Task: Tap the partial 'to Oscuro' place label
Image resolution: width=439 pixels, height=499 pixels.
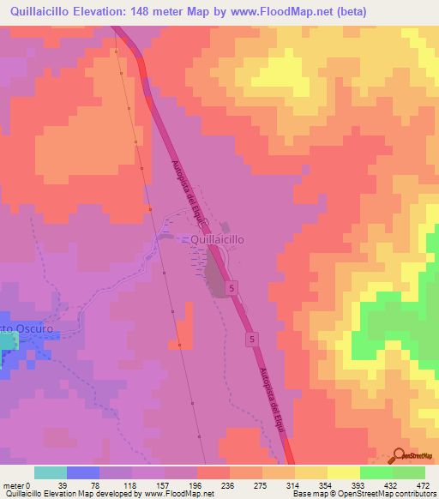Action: click(x=28, y=328)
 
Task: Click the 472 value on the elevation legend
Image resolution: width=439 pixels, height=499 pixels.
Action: click(x=422, y=485)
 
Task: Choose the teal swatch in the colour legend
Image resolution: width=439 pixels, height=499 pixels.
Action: click(x=51, y=472)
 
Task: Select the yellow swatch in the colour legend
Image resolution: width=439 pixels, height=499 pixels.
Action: click(x=311, y=472)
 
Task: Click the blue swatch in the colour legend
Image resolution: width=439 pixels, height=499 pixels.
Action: click(x=83, y=472)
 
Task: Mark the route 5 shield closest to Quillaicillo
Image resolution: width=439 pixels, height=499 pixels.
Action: click(x=233, y=290)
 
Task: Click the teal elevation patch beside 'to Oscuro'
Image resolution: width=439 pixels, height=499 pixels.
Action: click(x=8, y=342)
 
